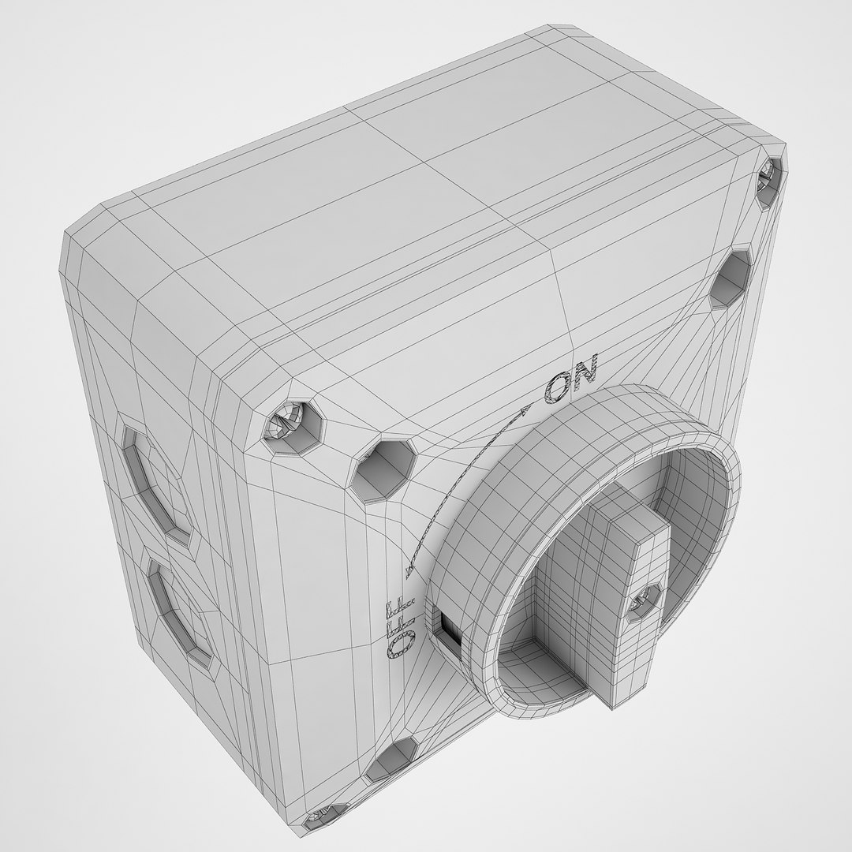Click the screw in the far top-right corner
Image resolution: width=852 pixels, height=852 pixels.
769,180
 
